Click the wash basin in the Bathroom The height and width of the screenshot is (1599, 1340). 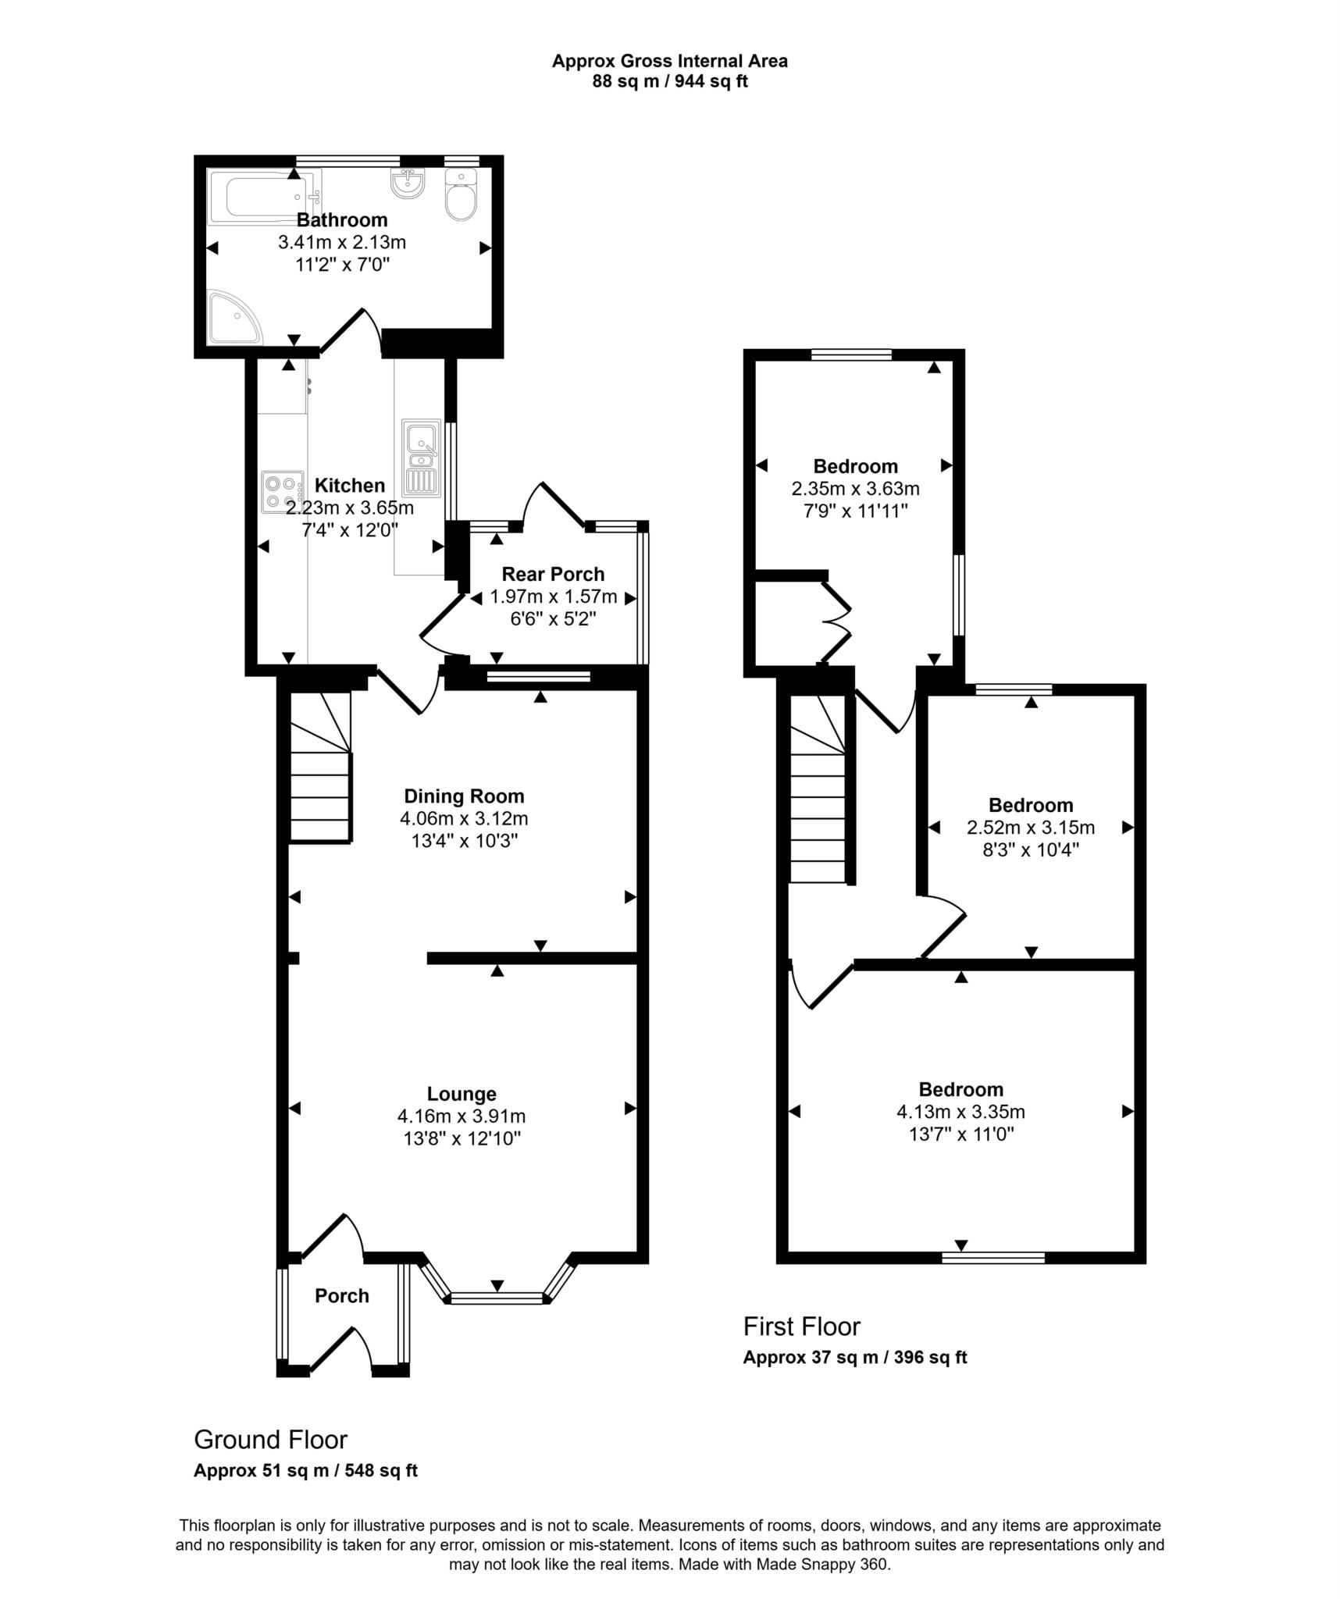pyautogui.click(x=407, y=184)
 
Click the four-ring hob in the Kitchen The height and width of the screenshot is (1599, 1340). pyautogui.click(x=282, y=492)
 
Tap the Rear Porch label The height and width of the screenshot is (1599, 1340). pyautogui.click(x=553, y=575)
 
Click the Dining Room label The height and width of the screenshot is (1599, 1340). pyautogui.click(x=464, y=796)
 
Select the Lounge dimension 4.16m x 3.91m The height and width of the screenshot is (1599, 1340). pyautogui.click(x=462, y=1116)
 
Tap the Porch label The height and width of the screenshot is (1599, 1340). pyautogui.click(x=341, y=1296)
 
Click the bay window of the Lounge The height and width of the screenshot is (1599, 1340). pyautogui.click(x=497, y=1298)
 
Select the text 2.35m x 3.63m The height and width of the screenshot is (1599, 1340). pyautogui.click(x=855, y=489)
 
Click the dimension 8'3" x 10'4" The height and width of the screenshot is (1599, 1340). pyautogui.click(x=1030, y=849)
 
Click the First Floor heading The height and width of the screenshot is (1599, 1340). pyautogui.click(x=801, y=1327)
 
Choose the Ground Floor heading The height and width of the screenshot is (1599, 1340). pyautogui.click(x=270, y=1439)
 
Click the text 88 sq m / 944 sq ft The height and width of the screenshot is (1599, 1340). pyautogui.click(x=669, y=81)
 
